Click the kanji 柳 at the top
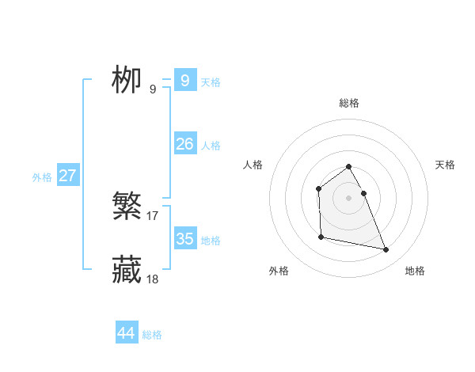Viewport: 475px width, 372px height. (127, 80)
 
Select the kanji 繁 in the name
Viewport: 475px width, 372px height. (127, 207)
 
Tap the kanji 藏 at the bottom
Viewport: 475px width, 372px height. (127, 270)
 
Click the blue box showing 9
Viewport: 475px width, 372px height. (184, 81)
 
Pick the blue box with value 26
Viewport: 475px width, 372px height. (184, 144)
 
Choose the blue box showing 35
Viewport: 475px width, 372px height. (184, 239)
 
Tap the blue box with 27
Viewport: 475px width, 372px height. (67, 176)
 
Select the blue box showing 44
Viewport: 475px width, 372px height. (127, 333)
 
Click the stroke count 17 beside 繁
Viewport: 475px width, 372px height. (153, 215)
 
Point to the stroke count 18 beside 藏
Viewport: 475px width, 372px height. (153, 279)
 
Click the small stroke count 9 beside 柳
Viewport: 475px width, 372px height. (153, 89)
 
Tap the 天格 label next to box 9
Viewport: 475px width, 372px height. (211, 82)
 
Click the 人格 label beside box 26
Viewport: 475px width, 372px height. (211, 146)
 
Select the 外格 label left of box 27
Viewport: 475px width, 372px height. (42, 177)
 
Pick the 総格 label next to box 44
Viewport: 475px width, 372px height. (152, 335)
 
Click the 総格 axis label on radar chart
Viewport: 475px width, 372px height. (349, 103)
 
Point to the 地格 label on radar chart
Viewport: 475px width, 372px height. (415, 271)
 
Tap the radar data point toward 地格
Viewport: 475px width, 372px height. (386, 250)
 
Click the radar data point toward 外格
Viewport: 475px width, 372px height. (321, 237)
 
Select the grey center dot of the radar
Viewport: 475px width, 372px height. (349, 198)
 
